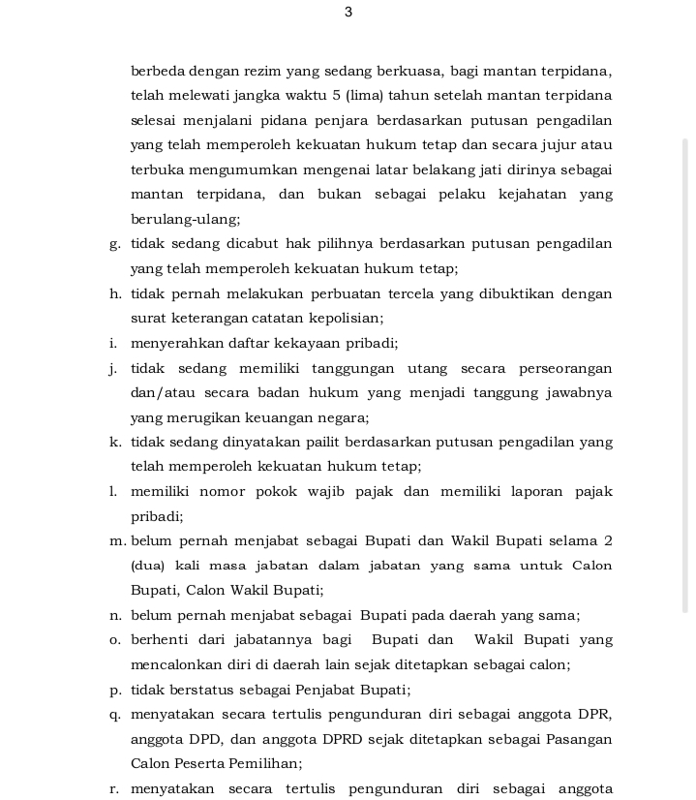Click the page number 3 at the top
coord(348,13)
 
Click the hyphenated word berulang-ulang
coord(186,220)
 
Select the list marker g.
coord(115,244)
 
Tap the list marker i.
coord(113,343)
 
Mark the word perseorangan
coord(565,368)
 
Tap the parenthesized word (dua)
coord(147,566)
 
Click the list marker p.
coord(115,690)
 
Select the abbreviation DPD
coord(211,739)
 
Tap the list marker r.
coord(114,788)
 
